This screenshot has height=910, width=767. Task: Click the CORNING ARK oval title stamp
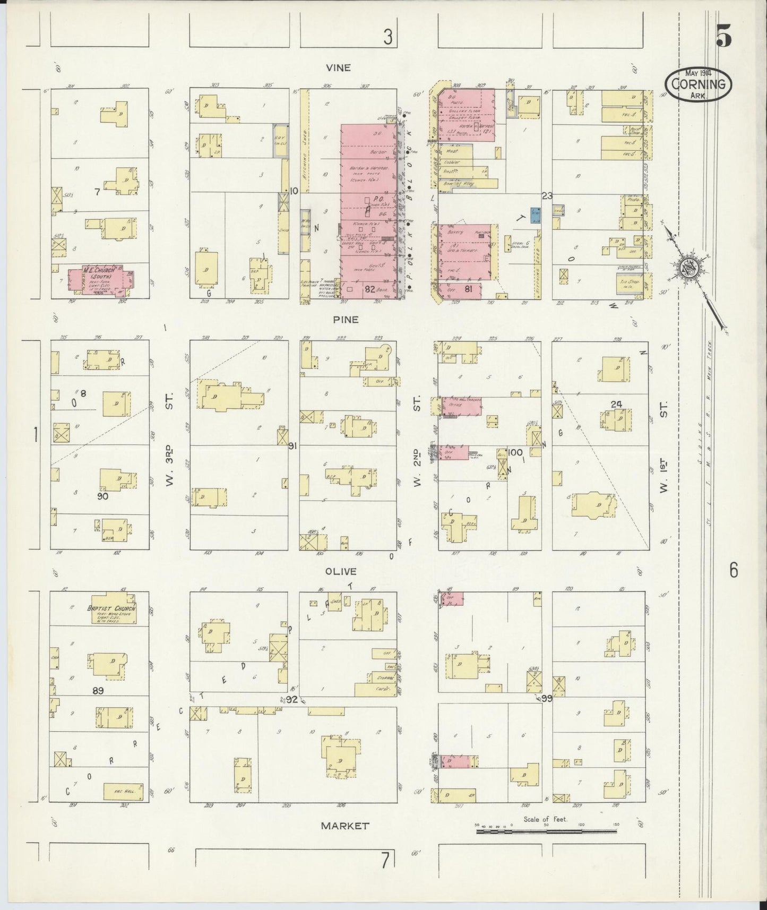pos(697,84)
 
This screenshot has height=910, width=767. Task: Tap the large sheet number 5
pos(723,37)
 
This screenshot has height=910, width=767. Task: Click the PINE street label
pos(346,320)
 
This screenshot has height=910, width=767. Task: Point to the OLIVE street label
pos(344,572)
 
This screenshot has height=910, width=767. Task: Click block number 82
pos(370,289)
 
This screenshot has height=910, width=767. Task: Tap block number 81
pos(468,289)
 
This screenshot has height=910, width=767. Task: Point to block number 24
pos(616,404)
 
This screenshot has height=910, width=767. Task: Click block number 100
pos(514,452)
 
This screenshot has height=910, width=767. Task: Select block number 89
pos(97,691)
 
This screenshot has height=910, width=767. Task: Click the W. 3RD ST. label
pos(169,441)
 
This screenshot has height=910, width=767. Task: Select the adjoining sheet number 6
pos(733,571)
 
